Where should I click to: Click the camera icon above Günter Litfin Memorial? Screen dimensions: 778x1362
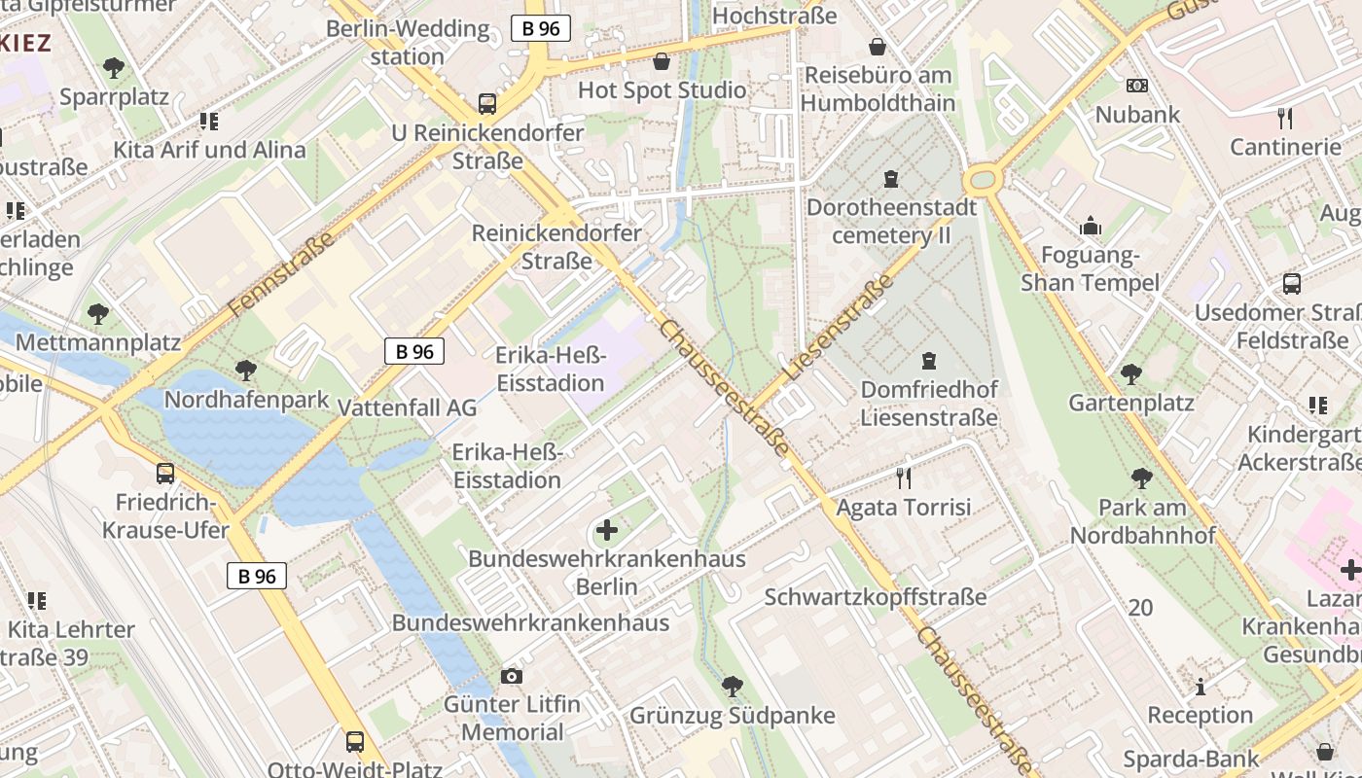(x=512, y=676)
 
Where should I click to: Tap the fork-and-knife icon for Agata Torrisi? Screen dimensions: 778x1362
(x=904, y=477)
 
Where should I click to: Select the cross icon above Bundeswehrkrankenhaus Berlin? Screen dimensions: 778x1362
(x=607, y=530)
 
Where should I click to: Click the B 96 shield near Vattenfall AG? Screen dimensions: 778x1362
(x=414, y=351)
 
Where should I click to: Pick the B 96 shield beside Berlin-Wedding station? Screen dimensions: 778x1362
(x=541, y=28)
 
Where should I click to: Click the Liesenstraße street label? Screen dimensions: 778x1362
(x=838, y=326)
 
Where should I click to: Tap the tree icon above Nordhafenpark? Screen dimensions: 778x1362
(x=246, y=371)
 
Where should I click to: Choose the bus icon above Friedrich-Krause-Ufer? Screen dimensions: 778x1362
(x=165, y=474)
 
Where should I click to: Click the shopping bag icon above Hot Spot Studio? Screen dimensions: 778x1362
(x=663, y=61)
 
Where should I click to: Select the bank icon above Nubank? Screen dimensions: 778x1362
(x=1136, y=86)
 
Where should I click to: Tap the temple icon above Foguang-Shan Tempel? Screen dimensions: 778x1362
(x=1091, y=227)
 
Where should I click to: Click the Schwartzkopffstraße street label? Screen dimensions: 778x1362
(x=876, y=597)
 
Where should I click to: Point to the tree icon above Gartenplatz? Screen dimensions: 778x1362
(x=1130, y=373)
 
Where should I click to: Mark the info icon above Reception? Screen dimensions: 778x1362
(x=1201, y=687)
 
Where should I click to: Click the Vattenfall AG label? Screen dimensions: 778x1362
(x=407, y=407)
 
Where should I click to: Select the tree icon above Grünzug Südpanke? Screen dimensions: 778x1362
(x=733, y=687)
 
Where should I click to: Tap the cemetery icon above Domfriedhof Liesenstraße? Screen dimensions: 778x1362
(x=929, y=361)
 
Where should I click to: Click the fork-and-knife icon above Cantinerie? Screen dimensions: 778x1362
(x=1285, y=119)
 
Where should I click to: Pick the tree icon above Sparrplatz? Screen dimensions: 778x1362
(x=114, y=68)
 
